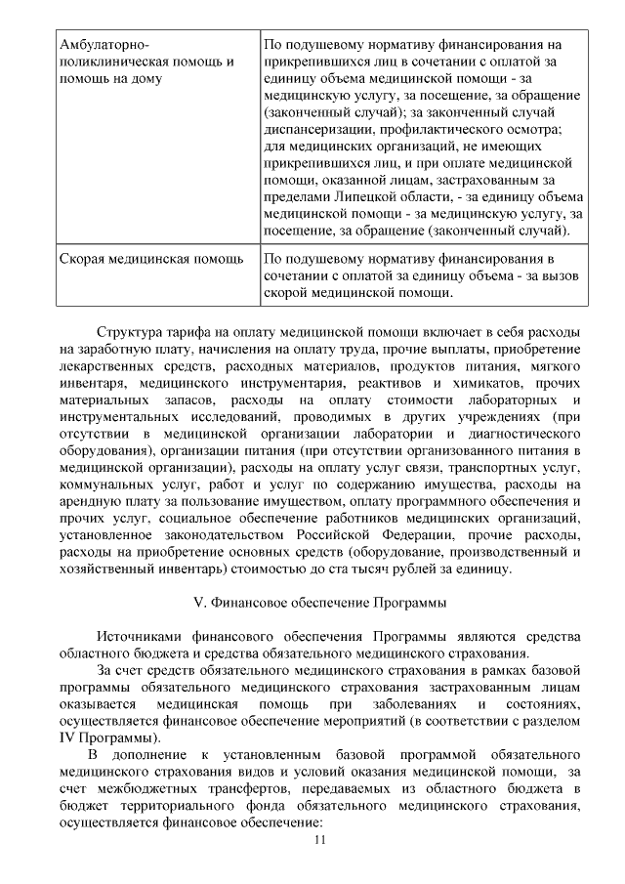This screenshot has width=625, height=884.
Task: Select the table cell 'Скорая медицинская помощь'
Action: [x=151, y=260]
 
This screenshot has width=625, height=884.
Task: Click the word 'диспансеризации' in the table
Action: [x=321, y=130]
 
